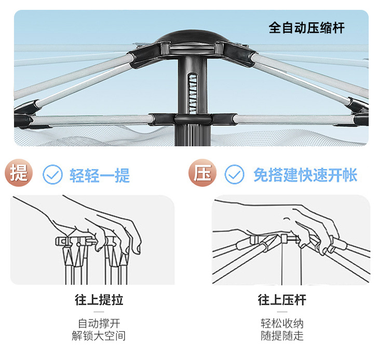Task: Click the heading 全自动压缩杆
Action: tap(306, 27)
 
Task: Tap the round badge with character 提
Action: tap(20, 174)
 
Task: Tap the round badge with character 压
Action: tap(201, 174)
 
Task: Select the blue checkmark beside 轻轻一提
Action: tap(52, 175)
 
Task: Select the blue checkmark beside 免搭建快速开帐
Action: tap(234, 175)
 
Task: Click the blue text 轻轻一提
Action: tap(100, 175)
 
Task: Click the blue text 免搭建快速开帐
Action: tap(305, 175)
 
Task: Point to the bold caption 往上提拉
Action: tap(99, 300)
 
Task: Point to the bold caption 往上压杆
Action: tap(282, 300)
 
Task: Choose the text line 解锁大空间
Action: tap(99, 336)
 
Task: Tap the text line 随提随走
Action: tap(282, 336)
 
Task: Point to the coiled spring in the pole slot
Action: tap(193, 89)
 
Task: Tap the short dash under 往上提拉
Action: tap(99, 312)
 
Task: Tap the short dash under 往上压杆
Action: tap(282, 312)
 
